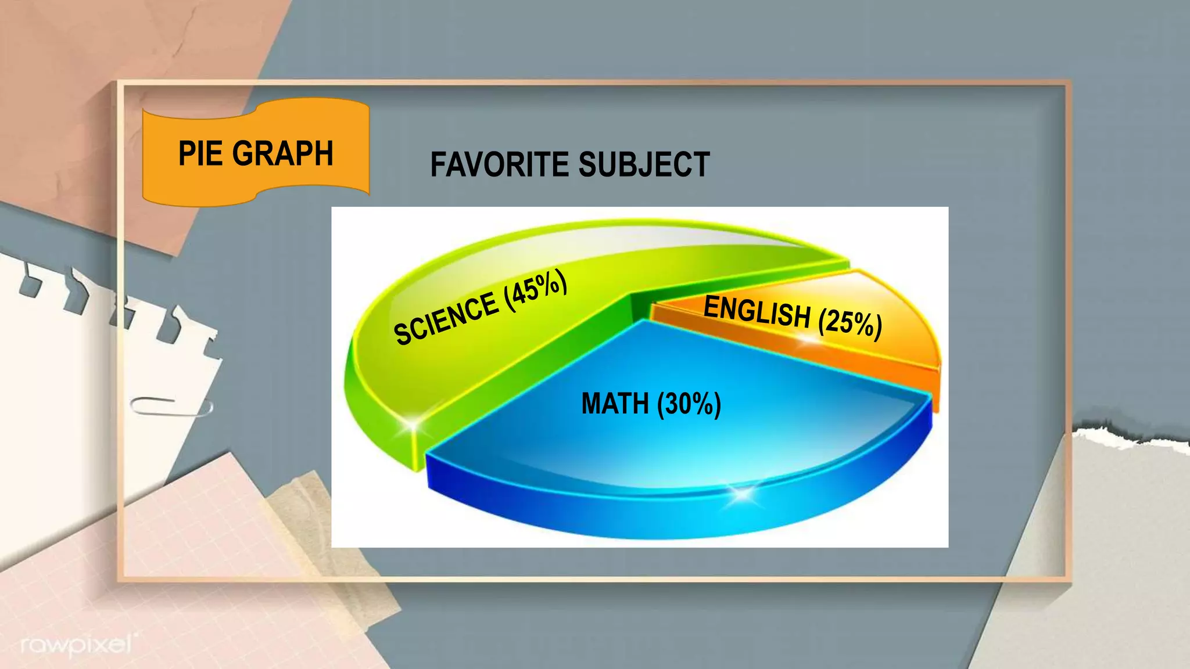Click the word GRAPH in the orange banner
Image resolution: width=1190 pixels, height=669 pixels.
(284, 154)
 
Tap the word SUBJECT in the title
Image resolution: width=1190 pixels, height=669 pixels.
(644, 164)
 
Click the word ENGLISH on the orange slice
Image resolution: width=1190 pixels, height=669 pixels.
(757, 312)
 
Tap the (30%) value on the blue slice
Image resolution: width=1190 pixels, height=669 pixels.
(689, 404)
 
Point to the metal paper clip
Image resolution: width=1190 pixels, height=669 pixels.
(171, 407)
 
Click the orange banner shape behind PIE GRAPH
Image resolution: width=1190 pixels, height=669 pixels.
(256, 186)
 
